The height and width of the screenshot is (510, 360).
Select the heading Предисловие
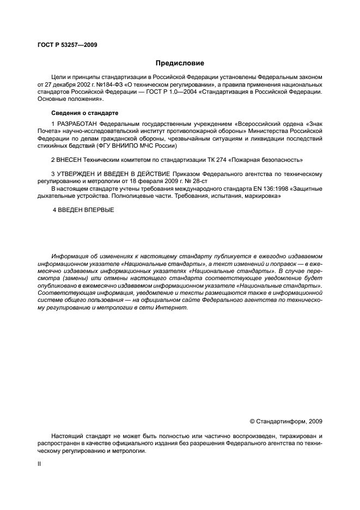coord(179,63)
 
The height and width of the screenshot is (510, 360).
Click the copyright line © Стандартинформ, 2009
coord(285,421)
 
